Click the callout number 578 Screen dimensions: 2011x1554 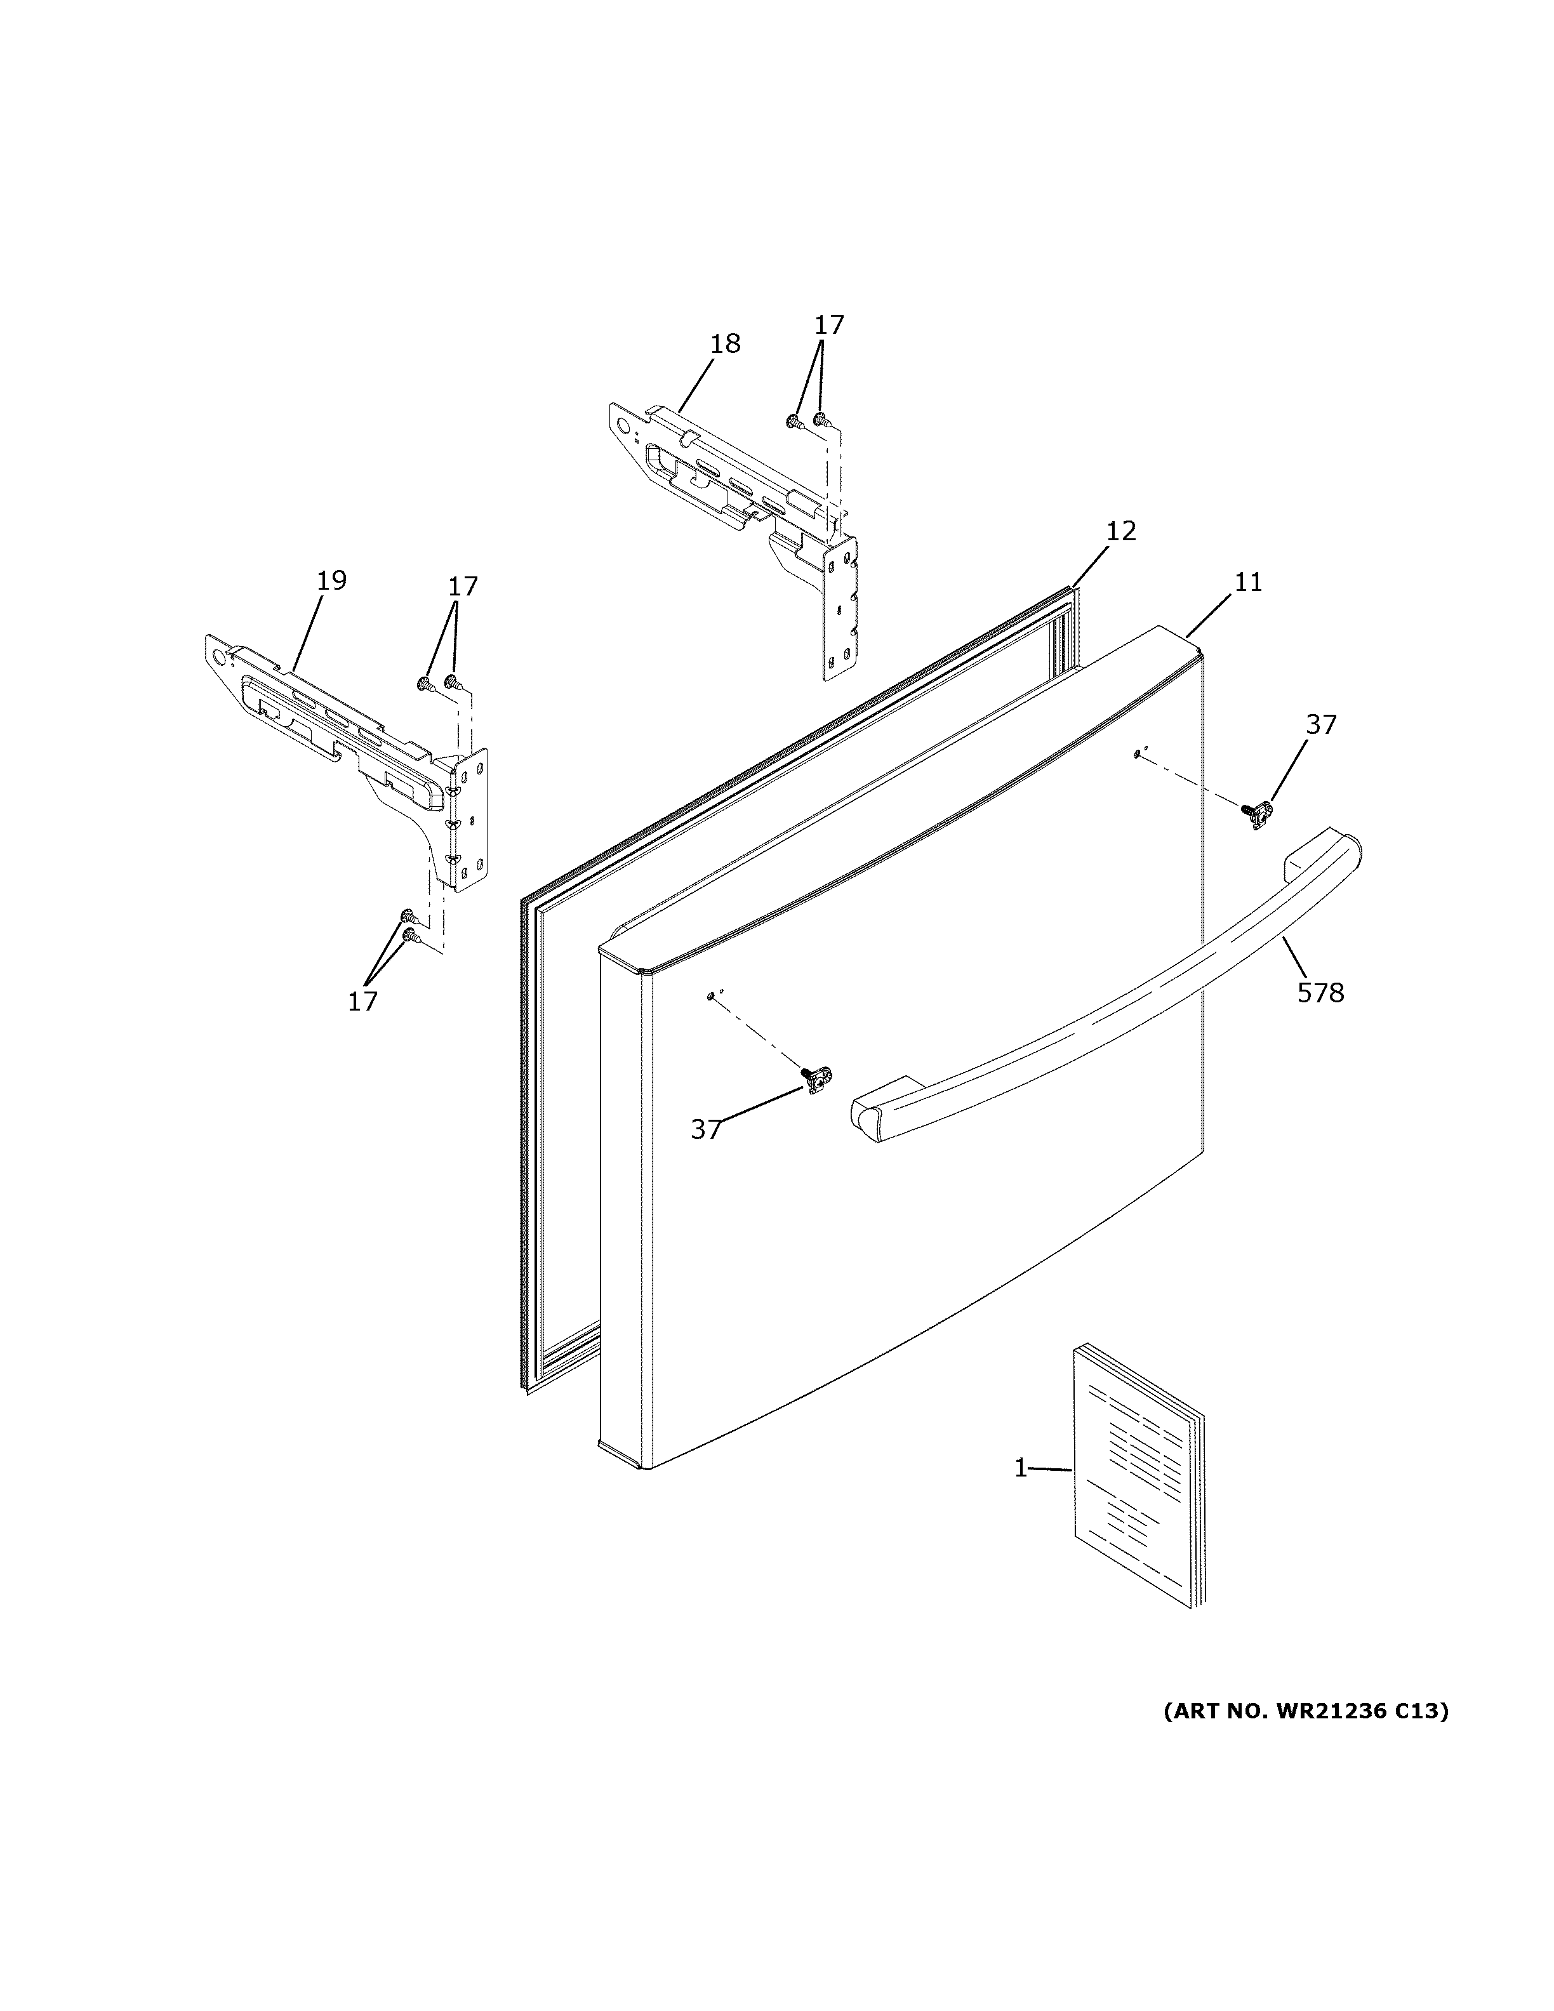pos(1320,993)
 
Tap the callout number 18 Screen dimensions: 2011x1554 pos(726,343)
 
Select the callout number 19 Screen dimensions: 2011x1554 pos(331,581)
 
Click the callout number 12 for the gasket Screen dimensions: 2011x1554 pos(1121,531)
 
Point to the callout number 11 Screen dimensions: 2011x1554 pos(1249,582)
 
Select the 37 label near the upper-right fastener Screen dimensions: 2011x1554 pos(1320,725)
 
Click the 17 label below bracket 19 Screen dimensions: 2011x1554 pos(362,1002)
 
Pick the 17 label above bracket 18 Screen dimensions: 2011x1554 pos(828,325)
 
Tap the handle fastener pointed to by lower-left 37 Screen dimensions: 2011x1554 pos(816,1079)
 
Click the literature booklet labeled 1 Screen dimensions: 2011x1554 pos(1137,1478)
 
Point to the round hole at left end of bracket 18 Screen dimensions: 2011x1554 pos(625,427)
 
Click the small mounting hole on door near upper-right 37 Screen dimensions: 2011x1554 pos(1138,754)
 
